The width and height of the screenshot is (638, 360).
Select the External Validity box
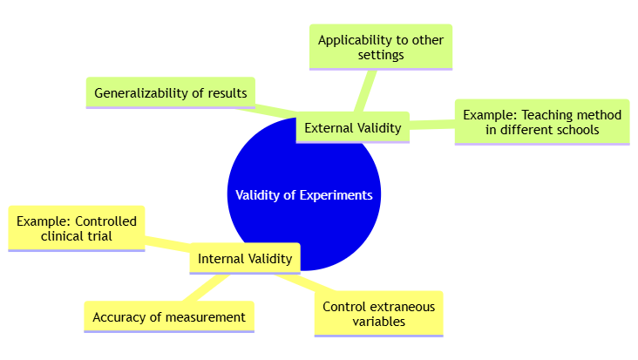(353, 128)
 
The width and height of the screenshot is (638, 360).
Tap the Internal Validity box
(245, 258)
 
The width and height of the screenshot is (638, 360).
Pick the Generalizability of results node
(171, 92)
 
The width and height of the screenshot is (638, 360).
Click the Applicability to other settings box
(381, 47)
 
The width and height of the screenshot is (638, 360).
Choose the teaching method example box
(541, 122)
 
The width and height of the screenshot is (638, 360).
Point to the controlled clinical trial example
(76, 228)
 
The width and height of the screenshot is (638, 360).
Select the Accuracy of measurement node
(169, 317)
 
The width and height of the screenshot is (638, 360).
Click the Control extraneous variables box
(378, 314)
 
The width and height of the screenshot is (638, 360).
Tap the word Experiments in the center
(336, 195)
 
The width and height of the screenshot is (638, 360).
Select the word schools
(580, 130)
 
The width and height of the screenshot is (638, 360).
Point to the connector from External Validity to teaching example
(431, 126)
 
